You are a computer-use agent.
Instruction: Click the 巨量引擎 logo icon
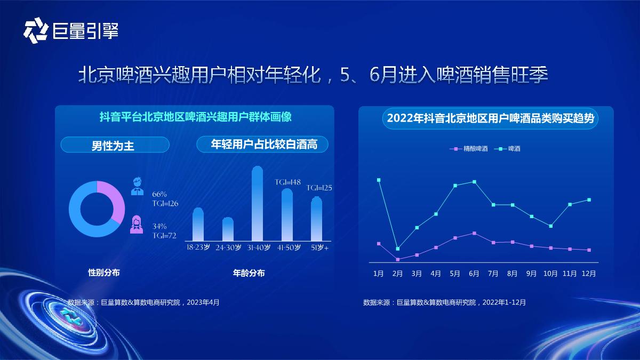pos(36,30)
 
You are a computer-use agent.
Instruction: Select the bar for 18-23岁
pos(198,225)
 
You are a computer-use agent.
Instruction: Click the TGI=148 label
pos(288,182)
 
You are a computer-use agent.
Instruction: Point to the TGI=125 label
pos(319,188)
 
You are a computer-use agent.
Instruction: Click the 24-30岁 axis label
pos(228,248)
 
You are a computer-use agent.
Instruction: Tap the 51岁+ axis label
pos(319,248)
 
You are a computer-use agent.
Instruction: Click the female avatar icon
pos(137,224)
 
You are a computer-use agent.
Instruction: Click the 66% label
pos(159,194)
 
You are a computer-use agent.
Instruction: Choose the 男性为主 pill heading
pos(115,145)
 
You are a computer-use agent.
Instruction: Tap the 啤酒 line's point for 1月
pos(379,180)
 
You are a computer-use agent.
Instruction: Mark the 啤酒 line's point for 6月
pos(474,182)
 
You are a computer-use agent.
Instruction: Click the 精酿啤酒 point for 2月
pos(397,260)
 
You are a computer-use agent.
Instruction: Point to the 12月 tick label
pos(589,274)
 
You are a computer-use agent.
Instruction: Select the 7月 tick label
pos(493,274)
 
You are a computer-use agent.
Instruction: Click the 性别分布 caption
pos(104,273)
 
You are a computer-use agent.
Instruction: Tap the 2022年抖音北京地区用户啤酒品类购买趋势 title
pos(490,118)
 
